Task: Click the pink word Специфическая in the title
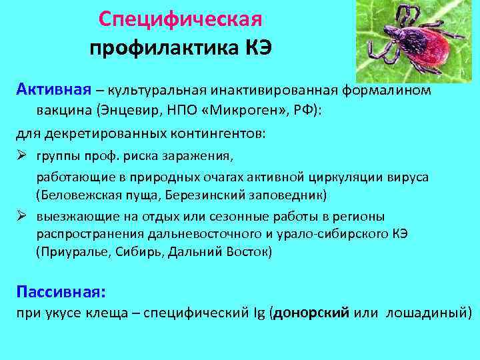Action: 180,18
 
